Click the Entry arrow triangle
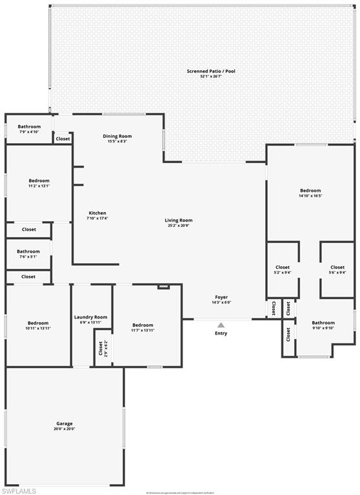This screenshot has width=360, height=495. click(x=221, y=325)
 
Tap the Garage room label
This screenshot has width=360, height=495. click(x=65, y=426)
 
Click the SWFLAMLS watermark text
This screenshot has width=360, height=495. click(x=19, y=490)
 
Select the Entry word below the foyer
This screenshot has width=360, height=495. click(x=221, y=333)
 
